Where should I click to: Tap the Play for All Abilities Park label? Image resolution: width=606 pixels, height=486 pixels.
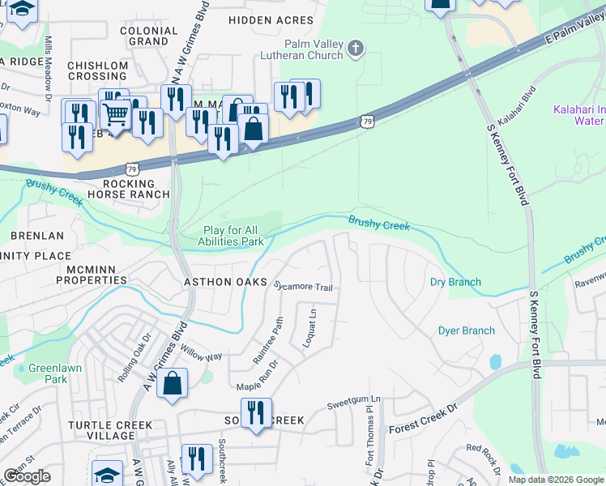233,236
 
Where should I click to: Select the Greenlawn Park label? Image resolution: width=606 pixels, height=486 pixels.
48,373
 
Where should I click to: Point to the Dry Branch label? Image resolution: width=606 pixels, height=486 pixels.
454,283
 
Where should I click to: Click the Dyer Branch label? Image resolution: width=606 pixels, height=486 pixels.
466,330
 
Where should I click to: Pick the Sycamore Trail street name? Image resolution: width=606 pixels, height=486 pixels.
303,287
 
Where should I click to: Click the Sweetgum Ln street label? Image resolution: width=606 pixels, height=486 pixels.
353,399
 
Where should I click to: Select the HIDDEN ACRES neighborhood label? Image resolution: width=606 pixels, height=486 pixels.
271,19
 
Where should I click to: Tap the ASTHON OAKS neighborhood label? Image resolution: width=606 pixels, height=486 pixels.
224,282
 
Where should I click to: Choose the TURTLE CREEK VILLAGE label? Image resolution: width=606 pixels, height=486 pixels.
101,430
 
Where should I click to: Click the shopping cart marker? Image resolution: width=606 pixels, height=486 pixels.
116,114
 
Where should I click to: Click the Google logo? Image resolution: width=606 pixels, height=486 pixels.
28,476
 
